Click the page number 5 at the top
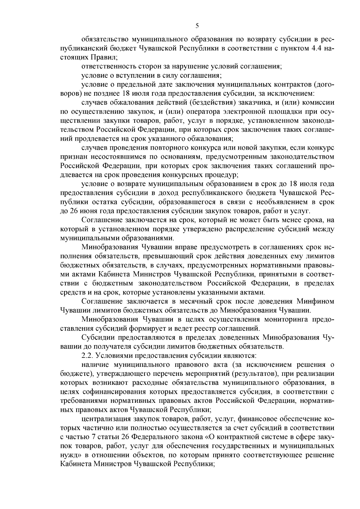[x=197, y=26]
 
